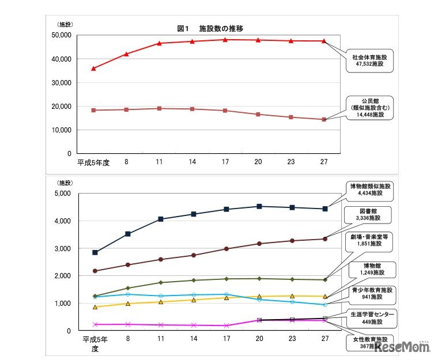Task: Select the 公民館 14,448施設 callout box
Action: pyautogui.click(x=370, y=107)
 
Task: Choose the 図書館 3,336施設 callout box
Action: pyautogui.click(x=370, y=214)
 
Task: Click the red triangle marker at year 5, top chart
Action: pyautogui.click(x=94, y=69)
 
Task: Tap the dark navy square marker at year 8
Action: pyautogui.click(x=127, y=234)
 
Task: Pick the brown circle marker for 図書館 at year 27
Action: pyautogui.click(x=324, y=239)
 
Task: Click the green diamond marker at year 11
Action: pyautogui.click(x=160, y=282)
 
